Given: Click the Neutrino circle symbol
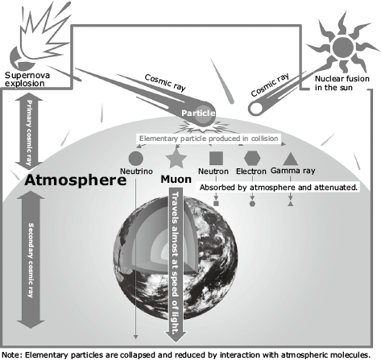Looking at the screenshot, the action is (x=136, y=159).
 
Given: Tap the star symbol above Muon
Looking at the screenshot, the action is (x=176, y=159).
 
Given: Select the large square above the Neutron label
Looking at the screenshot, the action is (x=216, y=158).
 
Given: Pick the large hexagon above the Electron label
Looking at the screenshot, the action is (x=252, y=158).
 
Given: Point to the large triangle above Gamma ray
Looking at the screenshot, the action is (x=291, y=159).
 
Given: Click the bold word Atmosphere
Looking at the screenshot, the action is (x=76, y=180).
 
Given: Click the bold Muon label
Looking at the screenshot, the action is (x=176, y=179).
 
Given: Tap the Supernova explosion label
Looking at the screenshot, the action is (x=27, y=79).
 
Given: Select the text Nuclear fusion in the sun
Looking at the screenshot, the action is (x=342, y=83).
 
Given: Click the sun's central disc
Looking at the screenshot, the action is (x=343, y=48).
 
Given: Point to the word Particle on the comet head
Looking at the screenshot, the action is (x=198, y=113).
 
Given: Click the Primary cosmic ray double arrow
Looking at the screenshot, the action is (x=29, y=131).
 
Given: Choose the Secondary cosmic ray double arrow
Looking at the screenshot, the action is (x=31, y=259).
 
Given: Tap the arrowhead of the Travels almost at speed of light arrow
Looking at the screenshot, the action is (x=176, y=336).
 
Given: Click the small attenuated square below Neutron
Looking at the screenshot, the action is (x=216, y=204).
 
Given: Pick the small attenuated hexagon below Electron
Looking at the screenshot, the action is (x=252, y=204).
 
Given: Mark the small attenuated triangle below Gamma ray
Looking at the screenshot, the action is (x=290, y=204).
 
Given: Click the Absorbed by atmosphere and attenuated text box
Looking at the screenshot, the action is (x=279, y=188).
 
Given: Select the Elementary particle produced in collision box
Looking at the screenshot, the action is (x=209, y=139).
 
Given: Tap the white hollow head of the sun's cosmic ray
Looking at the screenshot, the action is (x=256, y=108).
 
